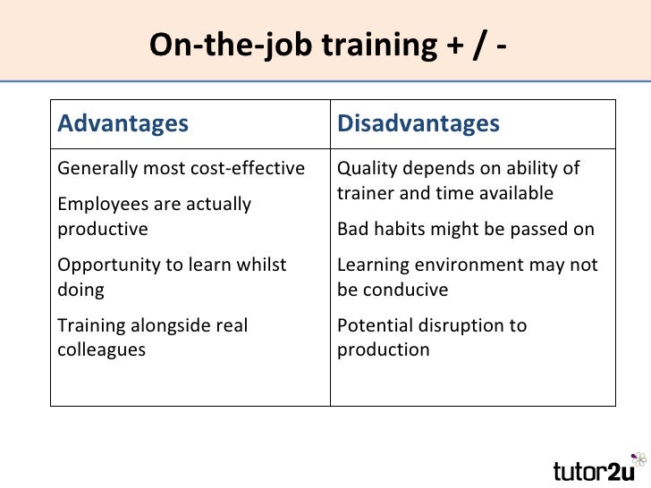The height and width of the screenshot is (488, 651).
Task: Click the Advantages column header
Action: pyautogui.click(x=123, y=123)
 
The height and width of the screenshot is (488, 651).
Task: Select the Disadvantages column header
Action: pyautogui.click(x=418, y=123)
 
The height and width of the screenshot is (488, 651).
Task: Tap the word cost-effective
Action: pyautogui.click(x=252, y=168)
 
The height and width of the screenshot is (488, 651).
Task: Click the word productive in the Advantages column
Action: pyautogui.click(x=103, y=229)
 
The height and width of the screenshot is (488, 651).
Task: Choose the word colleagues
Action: pyautogui.click(x=101, y=349)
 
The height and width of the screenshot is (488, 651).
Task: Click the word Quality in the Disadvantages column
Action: pyautogui.click(x=365, y=168)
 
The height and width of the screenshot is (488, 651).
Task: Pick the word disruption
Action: pyautogui.click(x=461, y=325)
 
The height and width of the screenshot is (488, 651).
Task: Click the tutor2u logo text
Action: pyautogui.click(x=594, y=469)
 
